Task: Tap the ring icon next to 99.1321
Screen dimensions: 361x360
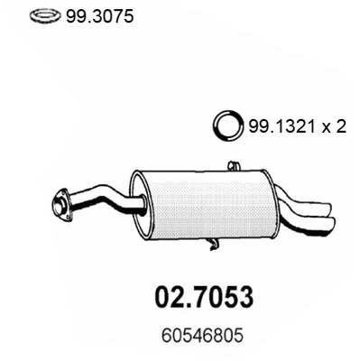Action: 228,127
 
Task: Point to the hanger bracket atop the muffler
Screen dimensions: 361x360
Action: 234,166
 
